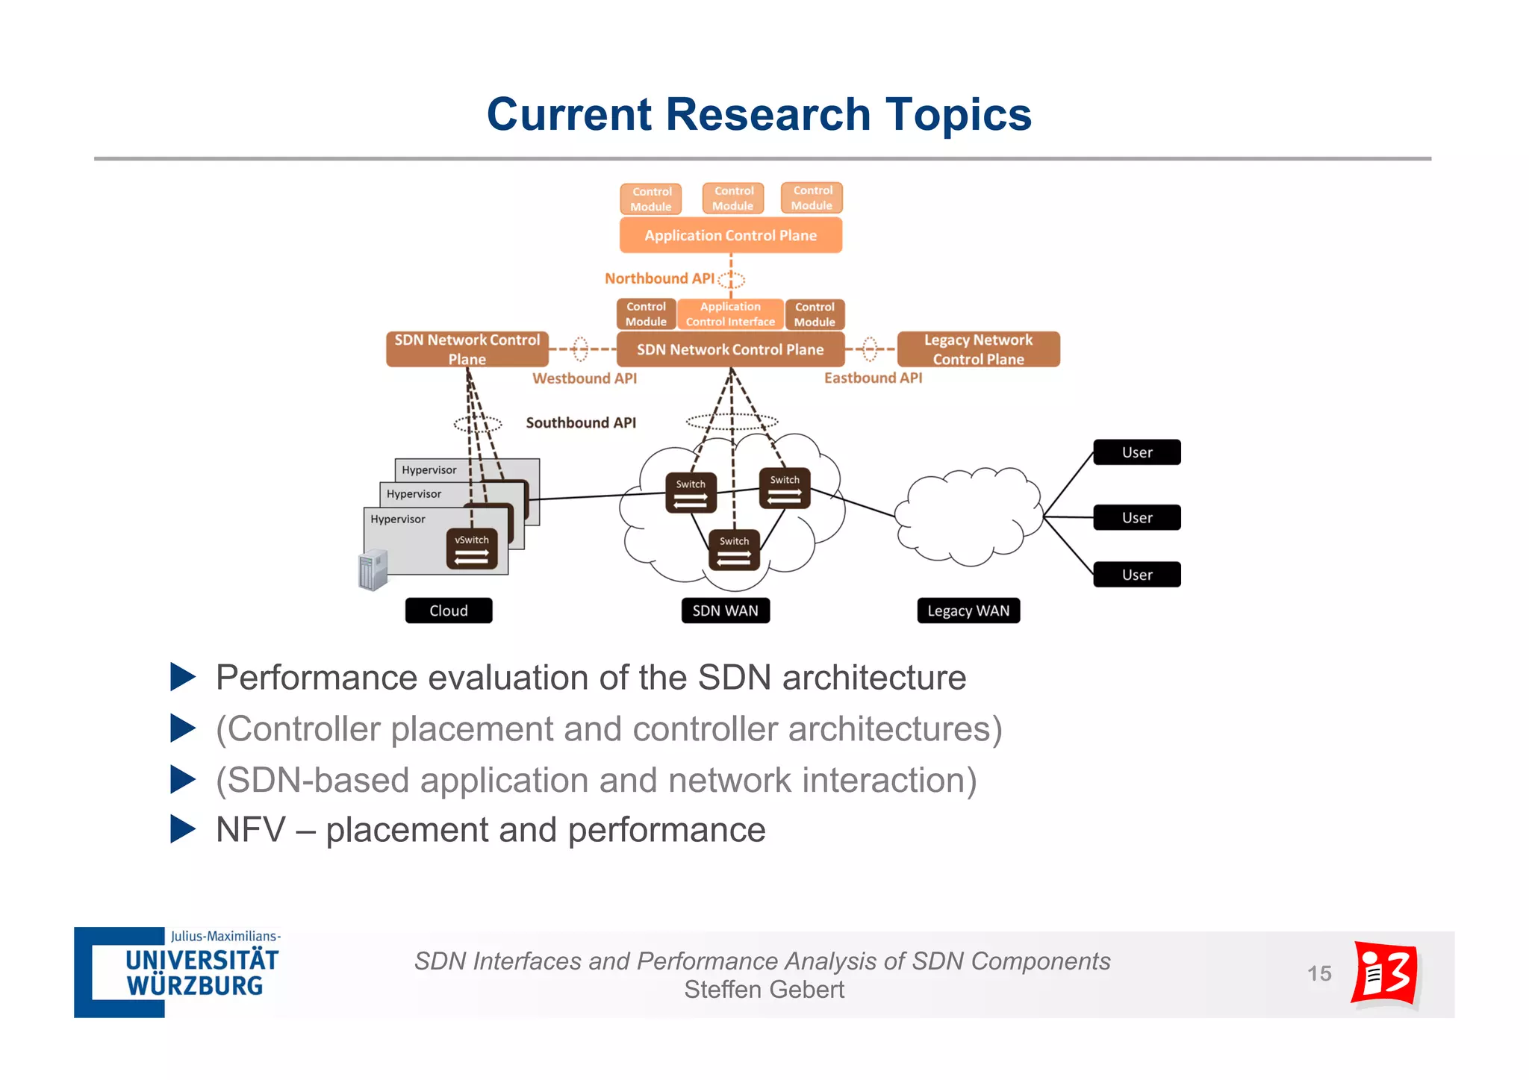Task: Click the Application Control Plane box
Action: point(730,235)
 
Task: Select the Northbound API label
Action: point(659,278)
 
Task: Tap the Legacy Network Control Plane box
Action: point(978,349)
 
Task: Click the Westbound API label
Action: point(584,378)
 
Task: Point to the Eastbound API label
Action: point(873,378)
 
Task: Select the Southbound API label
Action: point(581,422)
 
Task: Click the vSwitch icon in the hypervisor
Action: point(472,549)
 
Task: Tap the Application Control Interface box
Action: point(730,314)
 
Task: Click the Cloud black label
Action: point(449,611)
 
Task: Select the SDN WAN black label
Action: point(725,611)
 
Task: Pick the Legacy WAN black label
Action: point(968,611)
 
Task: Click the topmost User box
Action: point(1136,452)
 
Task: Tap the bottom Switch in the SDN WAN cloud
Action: point(734,550)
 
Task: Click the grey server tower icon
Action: point(373,570)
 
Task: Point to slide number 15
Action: point(1319,973)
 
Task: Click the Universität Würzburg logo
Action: point(178,973)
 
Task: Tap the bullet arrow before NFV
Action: point(182,828)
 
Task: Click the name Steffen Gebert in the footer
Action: point(764,990)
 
